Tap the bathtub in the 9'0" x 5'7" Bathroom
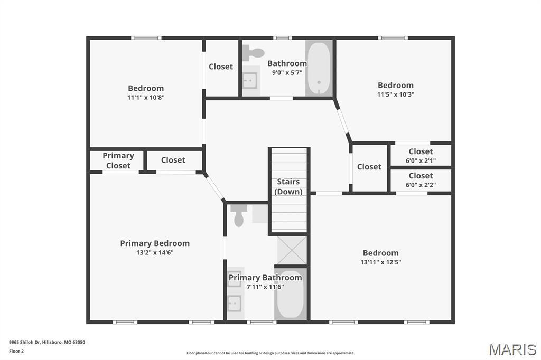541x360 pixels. pos(319,69)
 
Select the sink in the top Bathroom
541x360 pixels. pos(250,81)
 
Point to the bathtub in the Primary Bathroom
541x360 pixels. pos(290,295)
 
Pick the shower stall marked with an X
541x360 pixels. pos(292,250)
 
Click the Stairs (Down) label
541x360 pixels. pos(288,187)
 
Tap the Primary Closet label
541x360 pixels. pos(118,160)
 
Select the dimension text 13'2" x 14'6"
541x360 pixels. pos(155,253)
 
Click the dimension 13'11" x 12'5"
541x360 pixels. pos(380,262)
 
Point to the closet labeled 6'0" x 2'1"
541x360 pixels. pos(421,156)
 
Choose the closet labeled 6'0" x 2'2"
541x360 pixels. pos(421,180)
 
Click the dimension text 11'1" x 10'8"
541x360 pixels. pos(146,97)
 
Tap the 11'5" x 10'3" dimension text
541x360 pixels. pos(395,94)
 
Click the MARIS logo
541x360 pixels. pos(512,349)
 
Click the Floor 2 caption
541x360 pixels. pos(16,351)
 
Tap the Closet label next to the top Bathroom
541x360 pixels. pos(221,67)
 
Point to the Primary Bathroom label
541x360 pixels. pos(265,278)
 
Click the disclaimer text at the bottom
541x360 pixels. pos(270,353)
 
